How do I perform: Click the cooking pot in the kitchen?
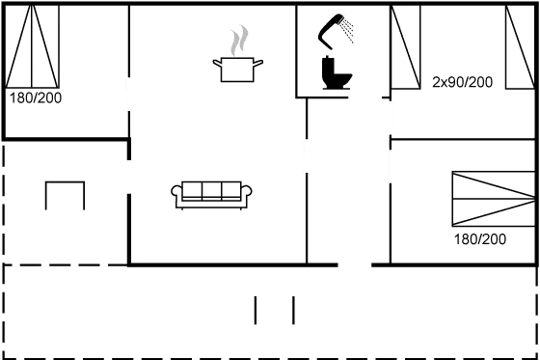pos(237,69)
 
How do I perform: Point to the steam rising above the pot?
pos(238,42)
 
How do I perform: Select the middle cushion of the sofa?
pos(213,191)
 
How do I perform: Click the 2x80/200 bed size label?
pos(463,82)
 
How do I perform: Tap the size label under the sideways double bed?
pos(479,238)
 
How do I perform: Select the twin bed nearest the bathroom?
pos(406,47)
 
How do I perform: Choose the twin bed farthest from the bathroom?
pos(520,47)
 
